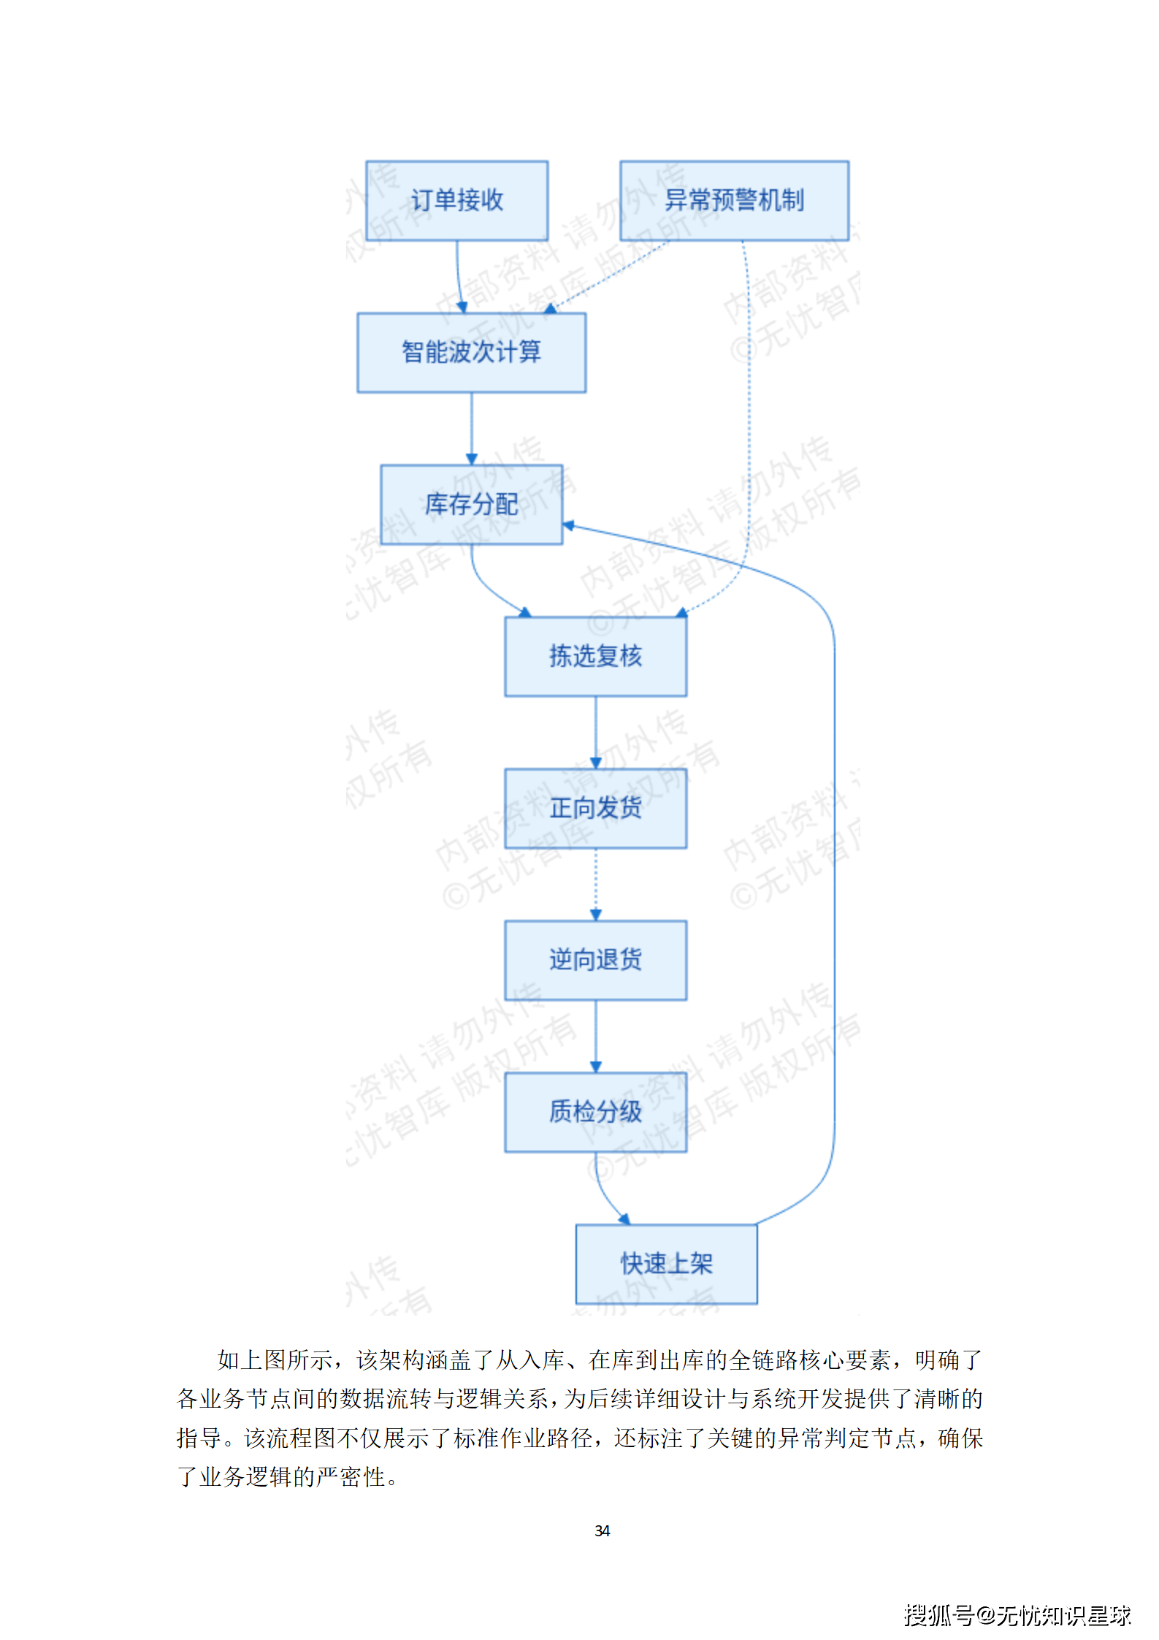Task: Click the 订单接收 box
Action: click(x=456, y=201)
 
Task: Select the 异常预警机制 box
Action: click(x=734, y=201)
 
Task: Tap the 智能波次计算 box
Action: click(x=471, y=353)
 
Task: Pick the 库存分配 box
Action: click(x=471, y=504)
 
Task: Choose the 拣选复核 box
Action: click(x=595, y=656)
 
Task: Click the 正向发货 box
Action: click(x=595, y=808)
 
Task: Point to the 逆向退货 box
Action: click(x=595, y=960)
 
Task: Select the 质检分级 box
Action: click(x=595, y=1112)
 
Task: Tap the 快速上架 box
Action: click(x=666, y=1264)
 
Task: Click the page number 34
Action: click(x=602, y=1530)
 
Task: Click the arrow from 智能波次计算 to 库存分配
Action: click(x=471, y=427)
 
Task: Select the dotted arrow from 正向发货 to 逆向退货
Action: click(x=595, y=884)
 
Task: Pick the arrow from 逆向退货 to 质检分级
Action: click(x=595, y=1035)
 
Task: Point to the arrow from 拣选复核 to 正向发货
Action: click(x=595, y=731)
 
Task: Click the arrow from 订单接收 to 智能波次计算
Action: click(x=458, y=278)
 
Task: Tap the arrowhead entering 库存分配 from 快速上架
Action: click(x=569, y=525)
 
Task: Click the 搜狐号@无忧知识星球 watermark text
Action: click(x=1017, y=1614)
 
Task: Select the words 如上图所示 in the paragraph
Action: click(x=275, y=1360)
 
